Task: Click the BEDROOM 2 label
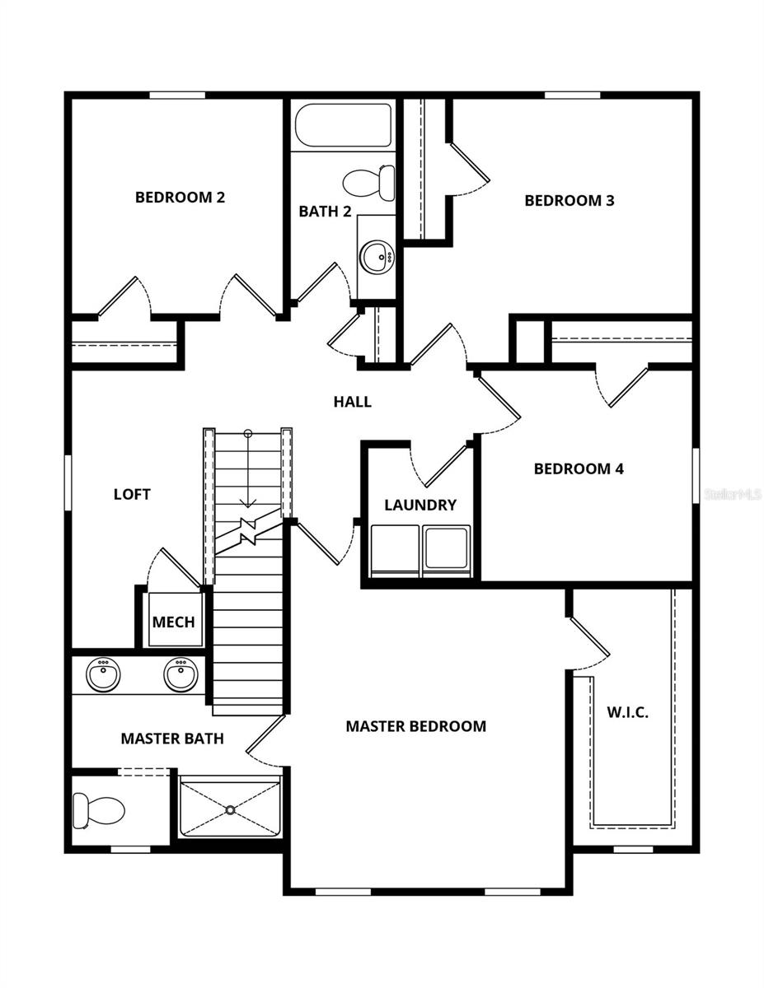click(180, 198)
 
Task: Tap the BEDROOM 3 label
click(569, 200)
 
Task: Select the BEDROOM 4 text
click(579, 468)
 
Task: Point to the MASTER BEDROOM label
click(415, 726)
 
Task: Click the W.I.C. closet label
click(627, 712)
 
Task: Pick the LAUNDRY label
click(420, 505)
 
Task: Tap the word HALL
click(352, 402)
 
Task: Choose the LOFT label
click(132, 494)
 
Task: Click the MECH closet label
click(174, 622)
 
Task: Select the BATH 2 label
click(325, 212)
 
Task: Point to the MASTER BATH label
click(172, 739)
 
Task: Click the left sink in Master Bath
click(103, 675)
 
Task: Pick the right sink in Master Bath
click(180, 675)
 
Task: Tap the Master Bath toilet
click(99, 810)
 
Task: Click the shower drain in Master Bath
click(230, 810)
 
